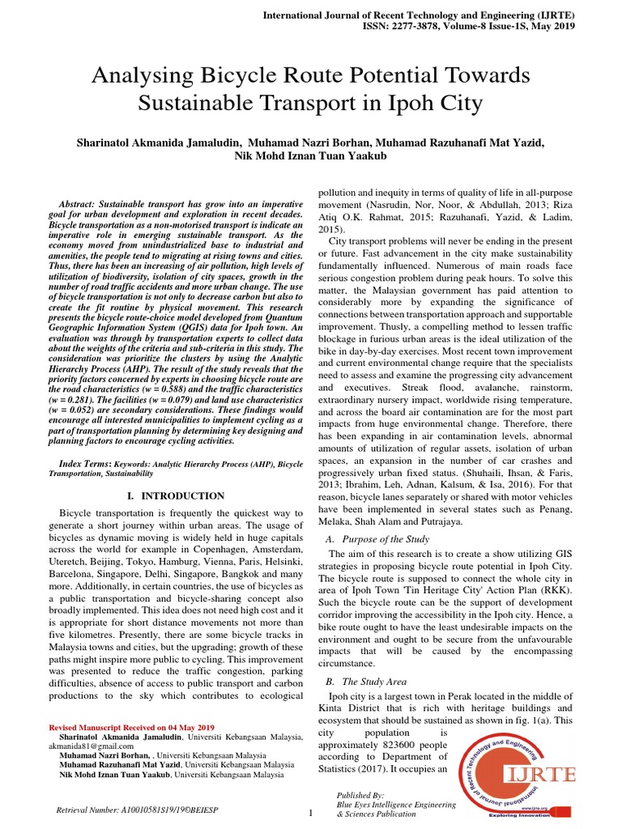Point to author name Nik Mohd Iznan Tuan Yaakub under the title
pos(310,156)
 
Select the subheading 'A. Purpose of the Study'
pos(377,539)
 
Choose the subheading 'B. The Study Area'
pos(366,682)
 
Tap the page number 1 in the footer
pos(310,813)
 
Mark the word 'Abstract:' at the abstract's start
pos(84,202)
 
